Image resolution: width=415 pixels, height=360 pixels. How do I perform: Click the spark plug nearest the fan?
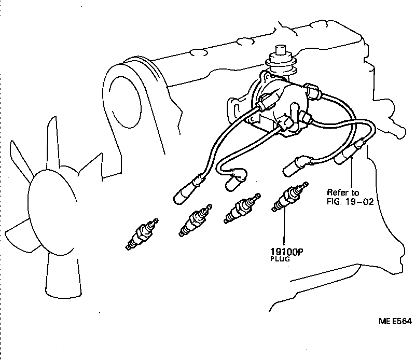point(141,236)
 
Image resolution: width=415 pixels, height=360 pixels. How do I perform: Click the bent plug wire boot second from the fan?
point(237,181)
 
